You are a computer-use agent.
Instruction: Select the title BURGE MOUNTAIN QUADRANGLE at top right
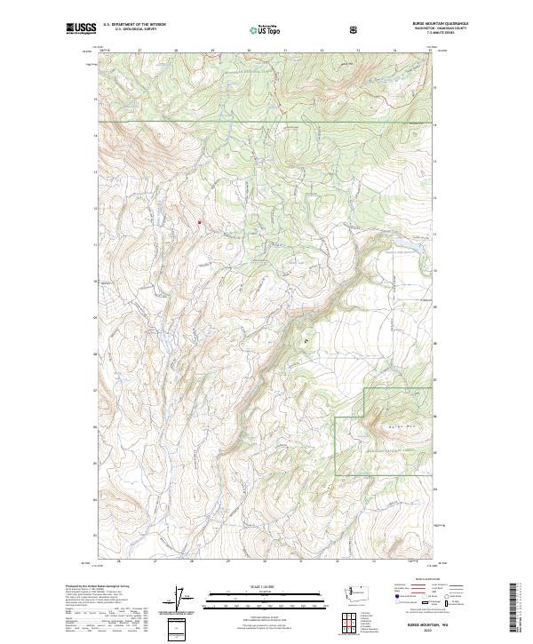(x=405, y=24)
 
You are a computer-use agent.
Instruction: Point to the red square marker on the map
(x=199, y=222)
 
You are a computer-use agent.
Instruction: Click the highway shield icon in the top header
(x=355, y=28)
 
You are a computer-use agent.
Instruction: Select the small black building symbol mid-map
(x=308, y=338)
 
